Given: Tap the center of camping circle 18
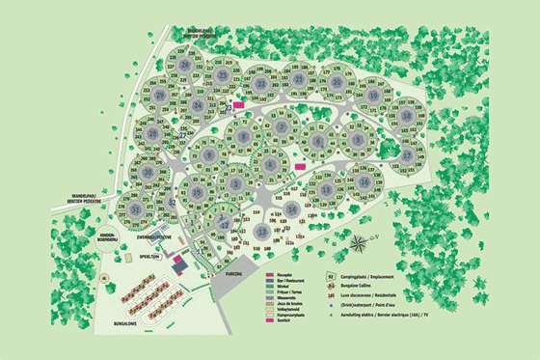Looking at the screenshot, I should [x=406, y=117].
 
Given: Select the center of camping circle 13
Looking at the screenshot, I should [x=260, y=232].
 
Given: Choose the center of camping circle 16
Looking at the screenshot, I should [x=364, y=181].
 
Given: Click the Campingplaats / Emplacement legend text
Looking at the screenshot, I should [x=385, y=274].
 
